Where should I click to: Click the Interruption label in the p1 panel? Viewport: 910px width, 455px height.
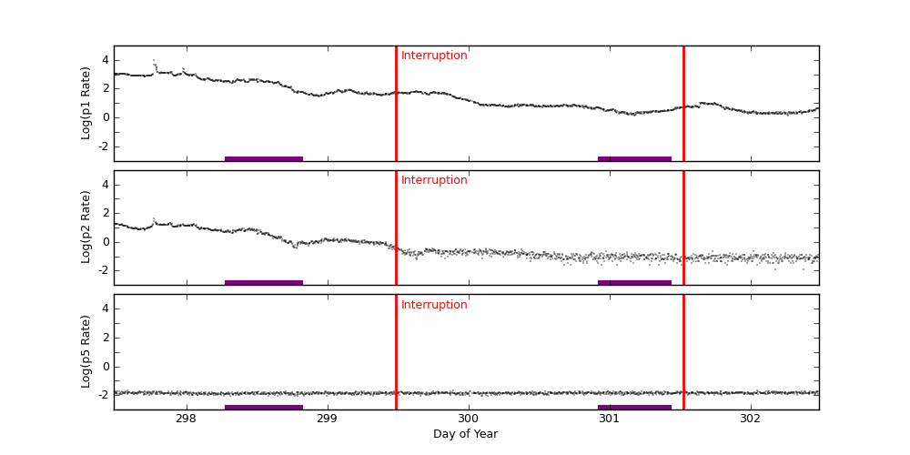tap(434, 56)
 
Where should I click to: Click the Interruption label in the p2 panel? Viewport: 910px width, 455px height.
tap(434, 180)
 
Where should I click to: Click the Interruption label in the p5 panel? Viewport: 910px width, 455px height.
tap(434, 305)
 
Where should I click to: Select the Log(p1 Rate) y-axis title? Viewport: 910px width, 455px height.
tap(86, 103)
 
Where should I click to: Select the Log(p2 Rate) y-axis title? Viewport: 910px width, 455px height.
tap(86, 227)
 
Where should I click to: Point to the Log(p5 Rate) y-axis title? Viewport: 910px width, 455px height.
tap(86, 351)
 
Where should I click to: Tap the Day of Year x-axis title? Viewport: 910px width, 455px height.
tap(465, 434)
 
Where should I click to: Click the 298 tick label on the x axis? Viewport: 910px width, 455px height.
tap(186, 419)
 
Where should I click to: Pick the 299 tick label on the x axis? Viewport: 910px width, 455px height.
tap(327, 419)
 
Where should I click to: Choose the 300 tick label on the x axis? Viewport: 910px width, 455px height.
tap(468, 419)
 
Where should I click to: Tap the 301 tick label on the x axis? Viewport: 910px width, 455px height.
tap(609, 419)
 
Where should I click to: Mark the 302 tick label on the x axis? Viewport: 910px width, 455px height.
tap(750, 419)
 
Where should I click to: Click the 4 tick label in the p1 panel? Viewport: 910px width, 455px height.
tap(105, 60)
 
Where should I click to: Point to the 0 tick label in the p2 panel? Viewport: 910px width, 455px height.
tap(105, 241)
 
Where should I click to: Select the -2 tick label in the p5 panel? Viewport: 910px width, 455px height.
tap(102, 395)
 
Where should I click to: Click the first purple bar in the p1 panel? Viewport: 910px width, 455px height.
tap(264, 158)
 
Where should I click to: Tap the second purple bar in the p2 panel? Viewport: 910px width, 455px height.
tap(634, 282)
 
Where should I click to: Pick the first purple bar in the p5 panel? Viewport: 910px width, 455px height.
tap(264, 407)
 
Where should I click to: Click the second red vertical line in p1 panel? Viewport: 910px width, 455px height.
tap(683, 103)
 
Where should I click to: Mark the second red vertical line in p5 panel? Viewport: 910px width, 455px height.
tap(683, 351)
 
